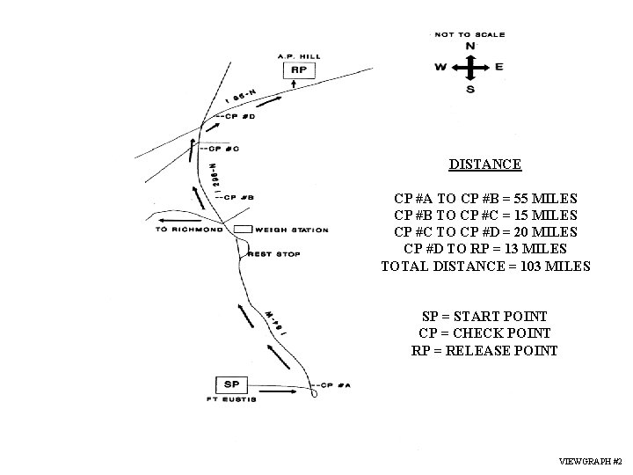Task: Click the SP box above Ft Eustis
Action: click(232, 384)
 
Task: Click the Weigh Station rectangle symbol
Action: click(243, 230)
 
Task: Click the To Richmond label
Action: click(189, 230)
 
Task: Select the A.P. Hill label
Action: click(298, 56)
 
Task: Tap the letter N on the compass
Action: click(470, 46)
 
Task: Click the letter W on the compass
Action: click(440, 66)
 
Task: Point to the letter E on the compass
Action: click(498, 66)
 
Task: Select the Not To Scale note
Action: click(470, 34)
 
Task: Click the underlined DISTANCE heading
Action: click(485, 164)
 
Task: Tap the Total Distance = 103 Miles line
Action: click(485, 266)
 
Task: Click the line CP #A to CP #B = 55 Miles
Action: click(485, 198)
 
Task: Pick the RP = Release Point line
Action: click(485, 350)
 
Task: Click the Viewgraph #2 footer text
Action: click(591, 462)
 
